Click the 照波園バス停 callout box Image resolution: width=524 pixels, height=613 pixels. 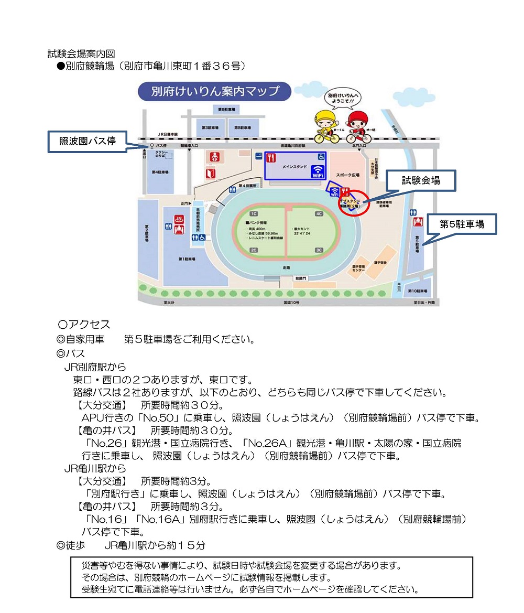(87, 141)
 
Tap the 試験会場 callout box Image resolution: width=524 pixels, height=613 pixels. (421, 180)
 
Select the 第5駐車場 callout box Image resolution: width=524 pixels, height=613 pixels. (461, 224)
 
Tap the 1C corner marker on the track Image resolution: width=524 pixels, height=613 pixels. (254, 214)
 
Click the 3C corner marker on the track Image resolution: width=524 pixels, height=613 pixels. (319, 250)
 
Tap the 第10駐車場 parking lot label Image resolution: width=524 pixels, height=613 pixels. (419, 291)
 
